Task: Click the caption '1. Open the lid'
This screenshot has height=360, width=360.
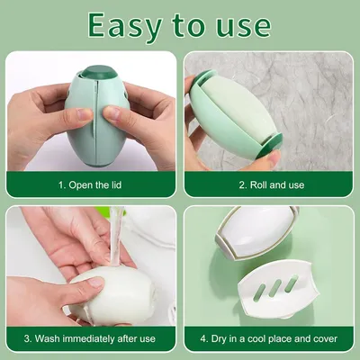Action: pyautogui.click(x=90, y=184)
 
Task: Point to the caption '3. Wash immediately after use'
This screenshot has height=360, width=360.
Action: pyautogui.click(x=90, y=339)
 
